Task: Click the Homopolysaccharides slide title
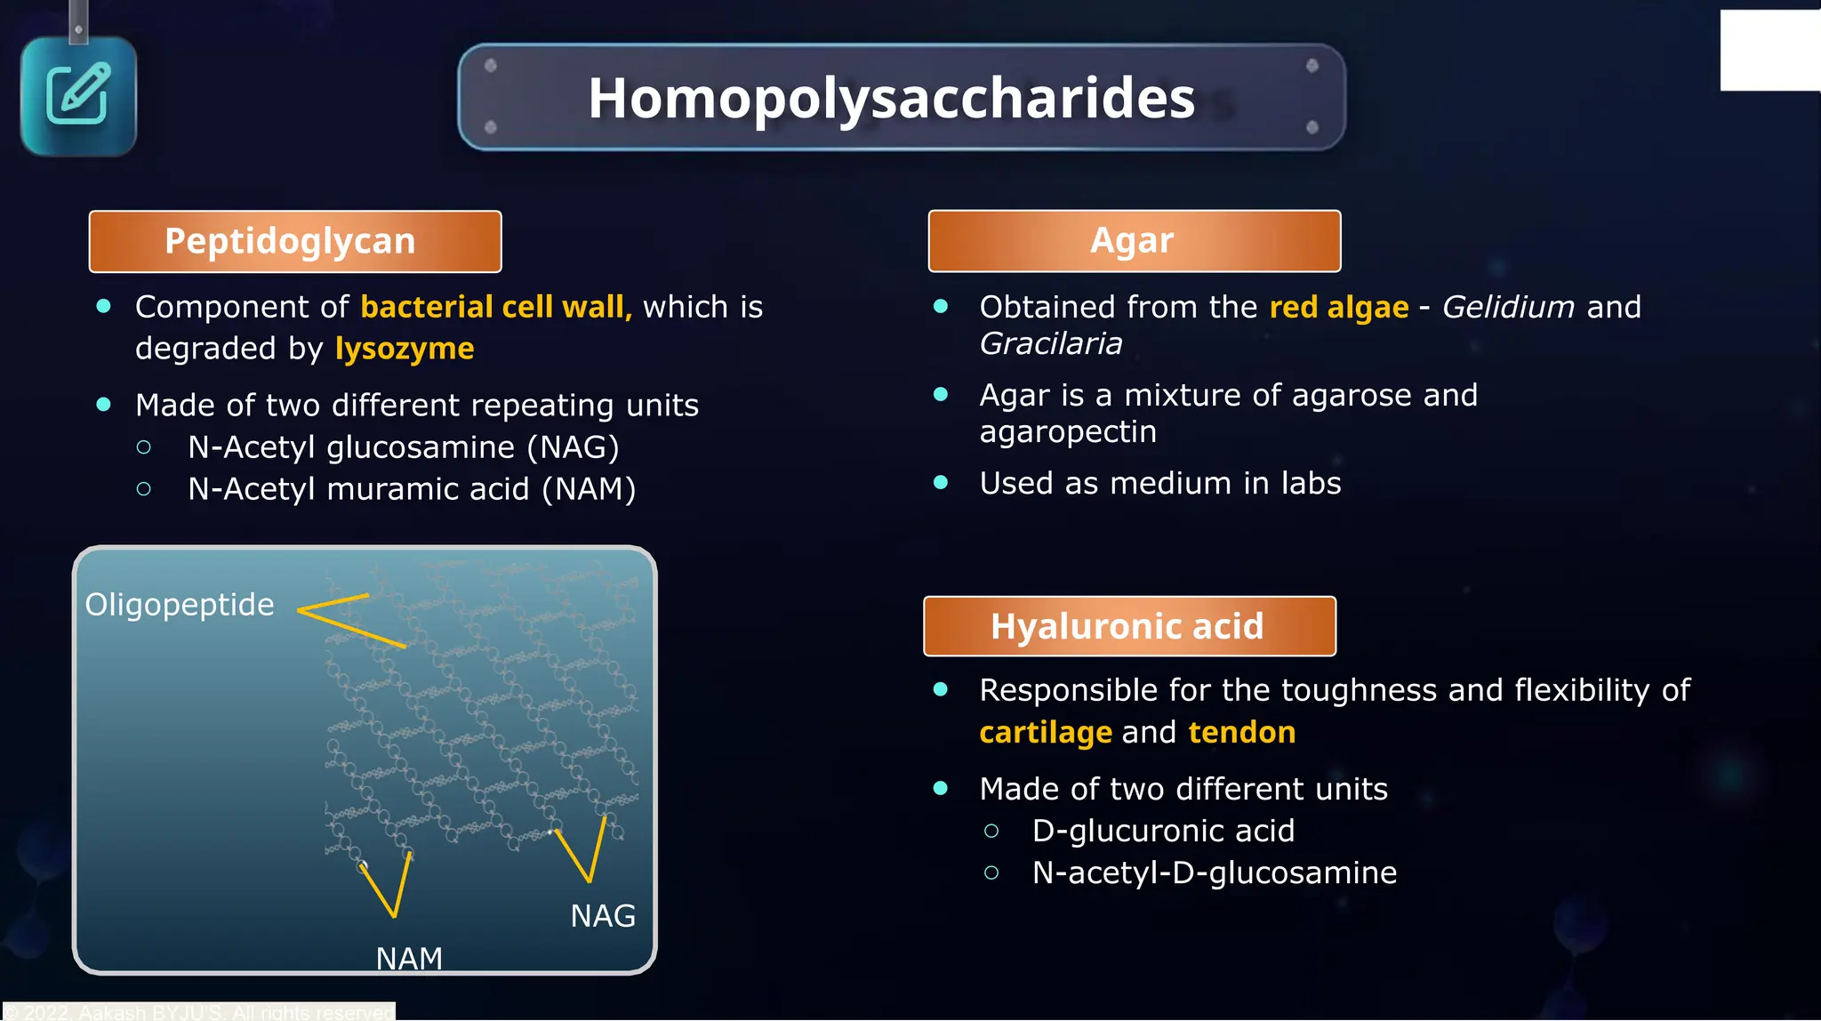(891, 98)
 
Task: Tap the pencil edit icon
(78, 94)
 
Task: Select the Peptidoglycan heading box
(294, 241)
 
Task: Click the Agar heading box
(1134, 241)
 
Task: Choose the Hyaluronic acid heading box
(1128, 626)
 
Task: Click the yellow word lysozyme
(405, 349)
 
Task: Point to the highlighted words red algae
(1338, 307)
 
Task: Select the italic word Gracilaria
(1050, 343)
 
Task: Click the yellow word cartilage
(1045, 732)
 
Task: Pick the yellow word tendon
(1241, 732)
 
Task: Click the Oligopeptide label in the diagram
(179, 605)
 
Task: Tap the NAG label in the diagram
(603, 916)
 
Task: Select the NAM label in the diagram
(409, 958)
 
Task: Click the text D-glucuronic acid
(1162, 831)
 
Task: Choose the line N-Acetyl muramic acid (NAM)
(411, 489)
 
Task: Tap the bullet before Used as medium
(941, 483)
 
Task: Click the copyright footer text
(200, 1012)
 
